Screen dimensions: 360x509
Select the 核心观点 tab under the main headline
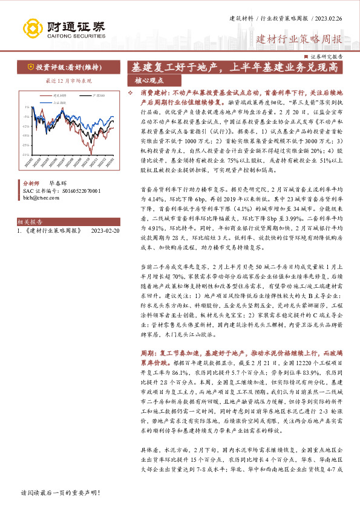tap(149, 80)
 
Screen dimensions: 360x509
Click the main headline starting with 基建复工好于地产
tap(239, 68)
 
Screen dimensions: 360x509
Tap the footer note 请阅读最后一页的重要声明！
tap(61, 493)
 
